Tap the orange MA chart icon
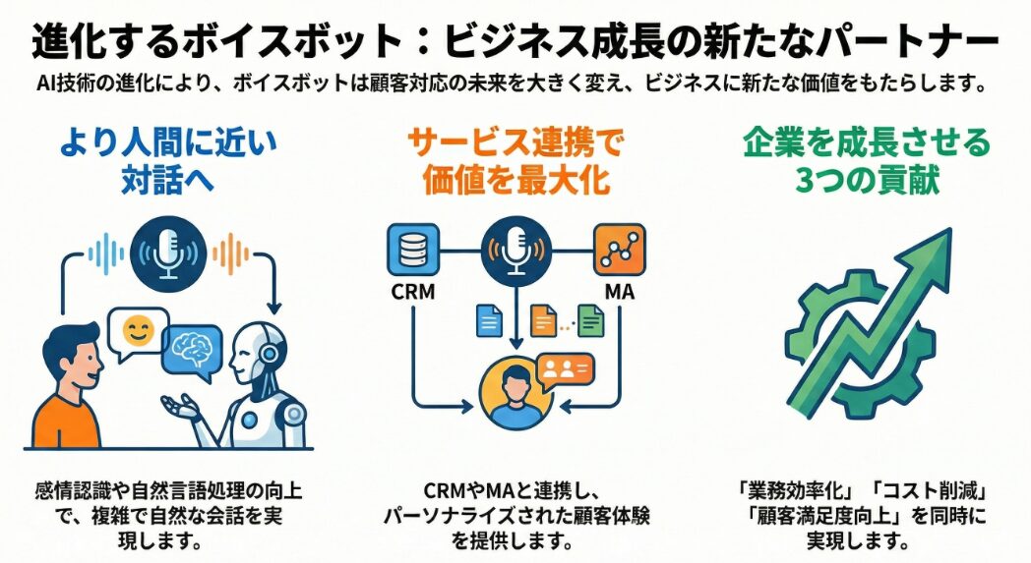619,250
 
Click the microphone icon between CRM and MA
515,250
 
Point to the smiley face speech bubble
138,331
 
